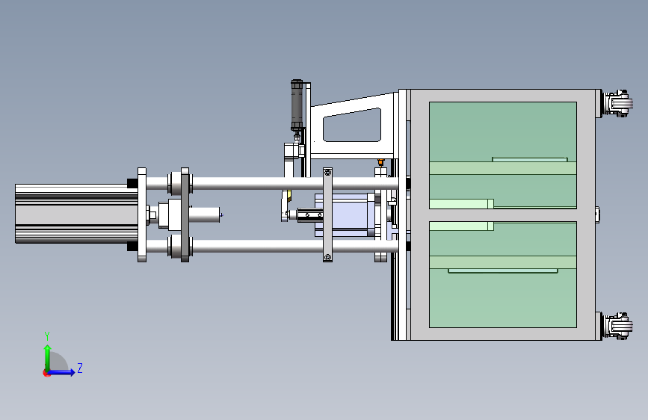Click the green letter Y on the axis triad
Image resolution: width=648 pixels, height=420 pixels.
pos(47,336)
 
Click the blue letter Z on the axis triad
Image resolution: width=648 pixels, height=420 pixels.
pos(80,368)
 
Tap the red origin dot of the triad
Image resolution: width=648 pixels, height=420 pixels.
pos(46,373)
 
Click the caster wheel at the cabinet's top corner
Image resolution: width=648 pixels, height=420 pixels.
pos(617,103)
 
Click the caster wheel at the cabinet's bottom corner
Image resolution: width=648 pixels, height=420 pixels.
pos(617,326)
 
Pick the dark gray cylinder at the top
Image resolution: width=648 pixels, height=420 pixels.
pos(297,105)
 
